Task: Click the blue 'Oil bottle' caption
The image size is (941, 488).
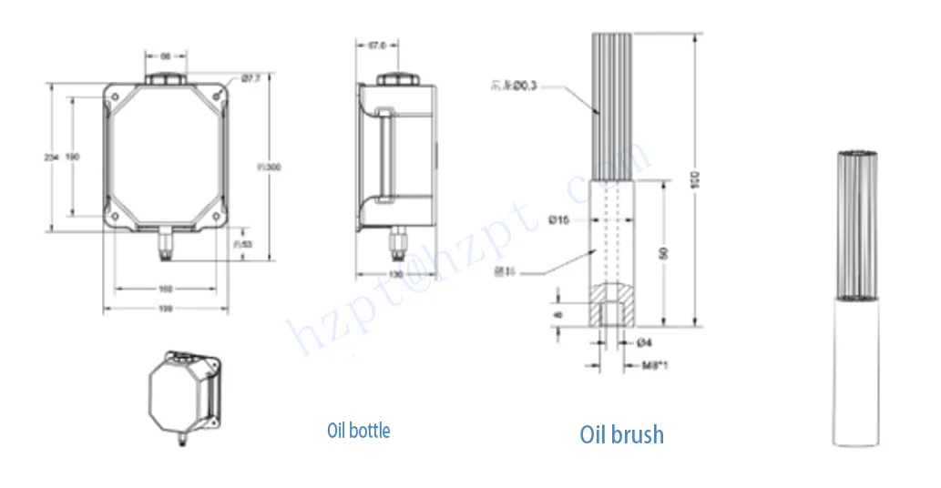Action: [x=358, y=430]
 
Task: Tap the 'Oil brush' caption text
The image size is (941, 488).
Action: [x=621, y=434]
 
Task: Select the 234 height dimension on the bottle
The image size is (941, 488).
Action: [x=52, y=158]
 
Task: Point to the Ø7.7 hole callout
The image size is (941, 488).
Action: [x=251, y=79]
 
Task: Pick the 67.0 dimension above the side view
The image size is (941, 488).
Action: [x=378, y=44]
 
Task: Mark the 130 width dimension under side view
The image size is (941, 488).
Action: [x=396, y=273]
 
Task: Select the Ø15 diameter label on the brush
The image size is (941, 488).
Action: [x=558, y=219]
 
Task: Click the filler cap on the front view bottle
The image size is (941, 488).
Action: [x=166, y=80]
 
